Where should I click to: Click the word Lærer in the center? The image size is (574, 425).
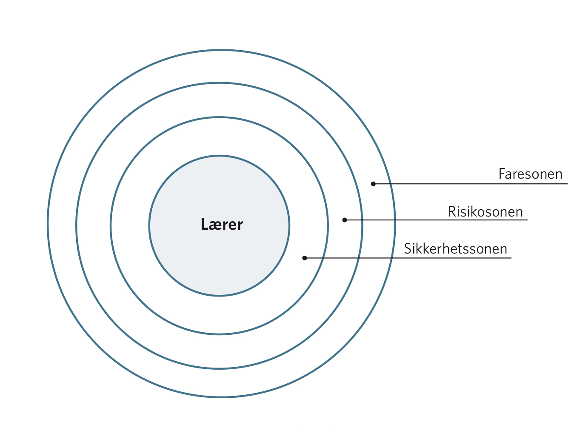click(222, 224)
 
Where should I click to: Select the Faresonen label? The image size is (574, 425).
click(530, 174)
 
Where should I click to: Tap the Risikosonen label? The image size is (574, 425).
click(485, 211)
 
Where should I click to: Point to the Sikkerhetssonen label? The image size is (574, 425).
click(455, 249)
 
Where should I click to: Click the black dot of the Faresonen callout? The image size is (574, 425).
click(373, 184)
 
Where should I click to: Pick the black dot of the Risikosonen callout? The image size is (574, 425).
click(345, 220)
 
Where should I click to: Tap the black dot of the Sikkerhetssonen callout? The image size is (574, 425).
click(305, 258)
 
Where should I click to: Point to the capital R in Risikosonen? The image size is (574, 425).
click(452, 211)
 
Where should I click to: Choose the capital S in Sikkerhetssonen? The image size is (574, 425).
click(408, 249)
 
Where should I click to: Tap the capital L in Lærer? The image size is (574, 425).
click(204, 224)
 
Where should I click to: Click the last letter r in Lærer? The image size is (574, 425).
click(240, 226)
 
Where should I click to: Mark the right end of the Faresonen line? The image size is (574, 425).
click(568, 184)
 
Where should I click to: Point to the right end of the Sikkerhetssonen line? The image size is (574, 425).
click(511, 258)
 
